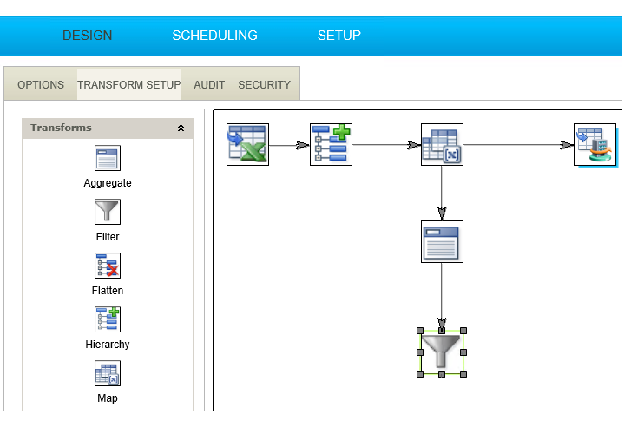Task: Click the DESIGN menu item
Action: (x=87, y=36)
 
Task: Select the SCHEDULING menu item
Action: (x=214, y=36)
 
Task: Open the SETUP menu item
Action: (x=339, y=36)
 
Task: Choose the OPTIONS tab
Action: (x=41, y=85)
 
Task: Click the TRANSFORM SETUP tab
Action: (x=128, y=85)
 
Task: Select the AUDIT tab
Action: (x=209, y=85)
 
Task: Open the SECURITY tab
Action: (x=264, y=85)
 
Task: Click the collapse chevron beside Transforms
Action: (x=181, y=128)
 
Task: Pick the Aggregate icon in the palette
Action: (x=108, y=158)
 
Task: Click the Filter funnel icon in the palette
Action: (x=108, y=212)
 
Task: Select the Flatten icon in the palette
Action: (x=108, y=266)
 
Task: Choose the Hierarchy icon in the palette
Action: (x=108, y=319)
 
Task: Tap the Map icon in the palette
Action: (x=108, y=373)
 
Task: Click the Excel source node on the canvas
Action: (x=247, y=144)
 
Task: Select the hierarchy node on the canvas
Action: (x=331, y=144)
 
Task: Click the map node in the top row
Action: (x=442, y=144)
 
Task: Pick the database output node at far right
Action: (x=595, y=144)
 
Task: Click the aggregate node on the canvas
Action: (x=442, y=241)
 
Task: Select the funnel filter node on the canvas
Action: (x=442, y=352)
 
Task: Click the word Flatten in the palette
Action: (x=108, y=291)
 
